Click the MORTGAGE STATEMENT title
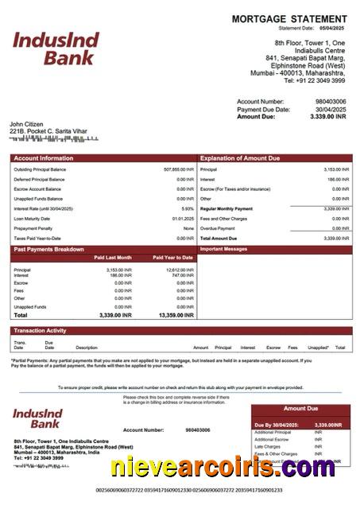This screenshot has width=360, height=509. [288, 18]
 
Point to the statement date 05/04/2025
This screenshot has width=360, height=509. [334, 28]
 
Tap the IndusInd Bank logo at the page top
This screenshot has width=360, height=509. [56, 48]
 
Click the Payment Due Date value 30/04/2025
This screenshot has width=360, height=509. [331, 109]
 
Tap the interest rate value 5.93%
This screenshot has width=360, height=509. [188, 208]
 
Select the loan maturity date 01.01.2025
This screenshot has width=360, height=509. [183, 218]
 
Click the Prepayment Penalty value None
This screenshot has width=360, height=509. [188, 228]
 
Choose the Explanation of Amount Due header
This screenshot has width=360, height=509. [239, 158]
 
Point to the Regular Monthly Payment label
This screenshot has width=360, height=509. [226, 208]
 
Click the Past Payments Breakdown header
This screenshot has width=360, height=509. [48, 249]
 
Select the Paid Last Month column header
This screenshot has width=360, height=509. [113, 258]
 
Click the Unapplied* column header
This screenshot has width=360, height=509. [318, 348]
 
